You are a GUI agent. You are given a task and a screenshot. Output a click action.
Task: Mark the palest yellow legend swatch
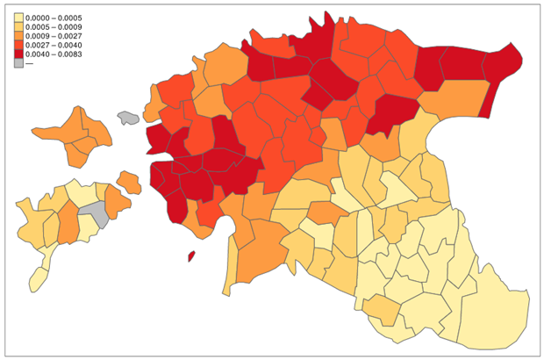(18, 18)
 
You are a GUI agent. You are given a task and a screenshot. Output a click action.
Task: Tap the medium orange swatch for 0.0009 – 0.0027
(18, 41)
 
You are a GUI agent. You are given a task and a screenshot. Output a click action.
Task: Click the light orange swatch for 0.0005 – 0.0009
(18, 30)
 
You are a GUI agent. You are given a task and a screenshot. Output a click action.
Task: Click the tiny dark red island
(191, 256)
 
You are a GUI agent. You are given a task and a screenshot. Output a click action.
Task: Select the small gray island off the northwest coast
(129, 118)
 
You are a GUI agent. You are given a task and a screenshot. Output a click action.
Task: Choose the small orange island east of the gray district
(130, 183)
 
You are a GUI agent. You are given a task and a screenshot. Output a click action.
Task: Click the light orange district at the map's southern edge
(381, 309)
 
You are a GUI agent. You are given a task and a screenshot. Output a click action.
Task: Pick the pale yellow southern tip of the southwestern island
(38, 278)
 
